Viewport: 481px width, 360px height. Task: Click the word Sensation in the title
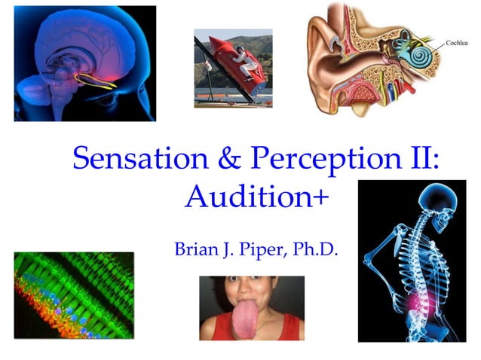136,158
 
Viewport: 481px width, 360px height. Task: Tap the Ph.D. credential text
317,248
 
